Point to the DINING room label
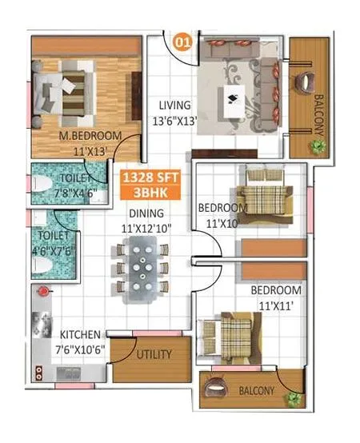click(144, 214)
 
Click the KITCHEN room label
click(79, 335)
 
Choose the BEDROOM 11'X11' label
click(275, 297)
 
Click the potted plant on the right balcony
click(318, 146)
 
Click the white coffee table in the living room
click(238, 102)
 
